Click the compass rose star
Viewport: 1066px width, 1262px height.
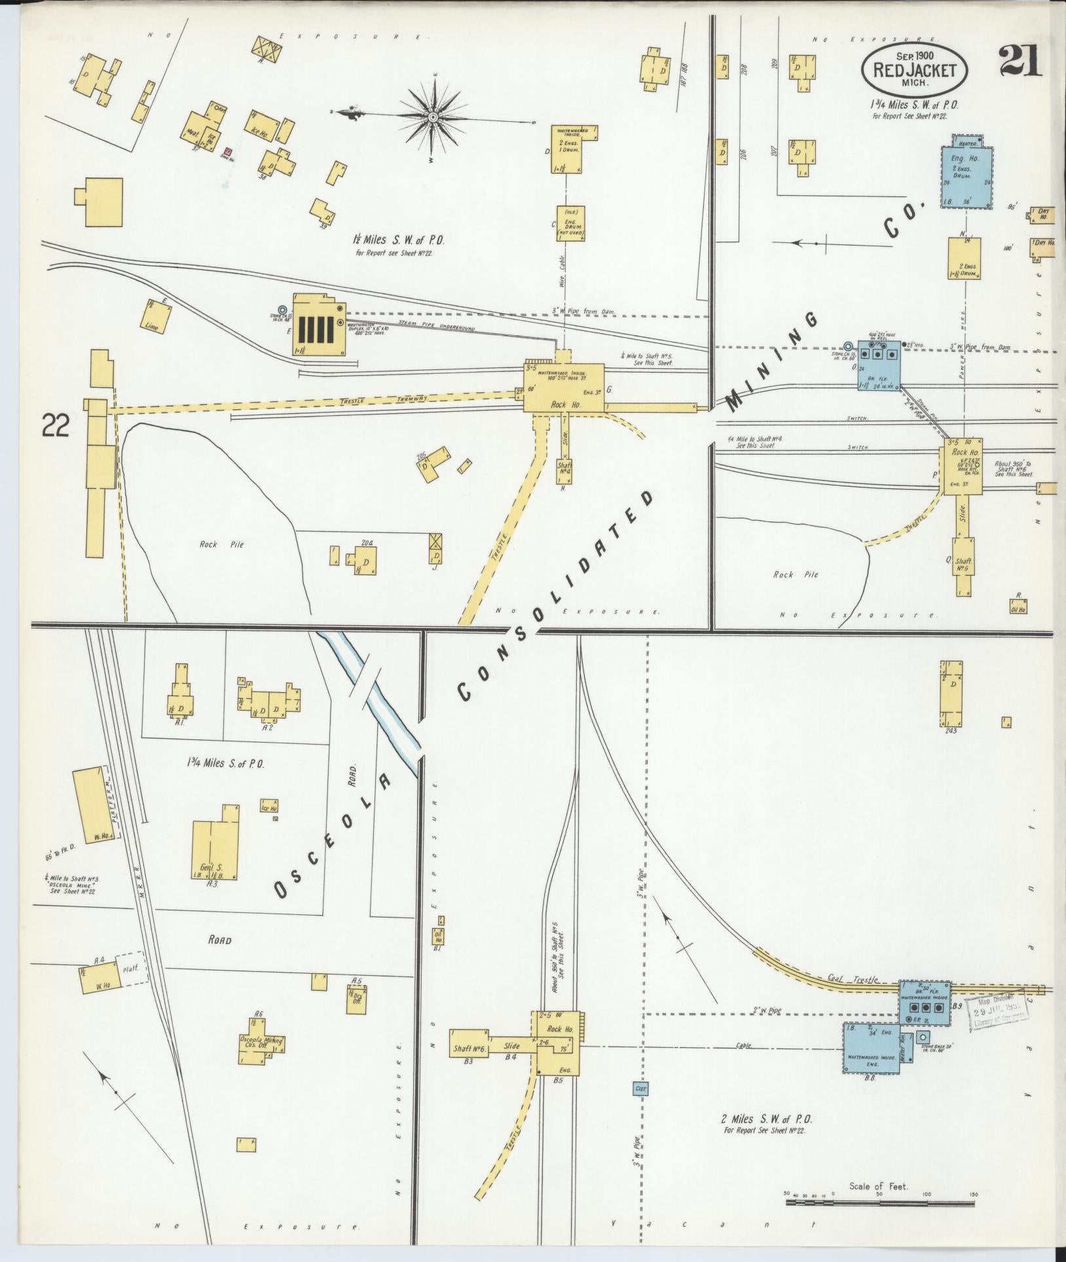tap(433, 117)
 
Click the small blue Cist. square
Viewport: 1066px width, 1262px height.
tap(640, 1089)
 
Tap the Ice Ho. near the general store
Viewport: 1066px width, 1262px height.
tap(270, 806)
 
